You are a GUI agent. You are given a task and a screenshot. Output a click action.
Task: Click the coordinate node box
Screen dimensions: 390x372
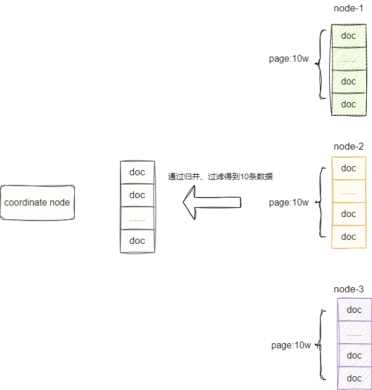pyautogui.click(x=37, y=203)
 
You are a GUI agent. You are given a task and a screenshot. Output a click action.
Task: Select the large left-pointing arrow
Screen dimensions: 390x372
pyautogui.click(x=212, y=203)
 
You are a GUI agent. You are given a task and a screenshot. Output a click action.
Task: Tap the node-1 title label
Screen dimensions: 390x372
pyautogui.click(x=349, y=9)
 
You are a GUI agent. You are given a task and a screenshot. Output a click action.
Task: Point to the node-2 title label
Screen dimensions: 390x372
pyautogui.click(x=349, y=147)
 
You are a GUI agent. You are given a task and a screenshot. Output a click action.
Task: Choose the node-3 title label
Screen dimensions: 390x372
pyautogui.click(x=349, y=290)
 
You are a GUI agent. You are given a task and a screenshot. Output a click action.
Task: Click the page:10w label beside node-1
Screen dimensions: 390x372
pyautogui.click(x=289, y=59)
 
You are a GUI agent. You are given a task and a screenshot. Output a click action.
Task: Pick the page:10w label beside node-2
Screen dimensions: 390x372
pyautogui.click(x=289, y=203)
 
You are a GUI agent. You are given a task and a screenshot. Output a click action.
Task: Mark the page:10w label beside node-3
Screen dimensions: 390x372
pyautogui.click(x=291, y=345)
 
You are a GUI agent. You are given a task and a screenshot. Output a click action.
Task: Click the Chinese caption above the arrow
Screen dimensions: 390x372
pyautogui.click(x=220, y=176)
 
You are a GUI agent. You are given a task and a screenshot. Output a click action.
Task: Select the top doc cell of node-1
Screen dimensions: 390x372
pyautogui.click(x=349, y=36)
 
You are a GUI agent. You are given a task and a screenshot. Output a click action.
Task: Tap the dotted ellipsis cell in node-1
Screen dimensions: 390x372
pyautogui.click(x=349, y=59)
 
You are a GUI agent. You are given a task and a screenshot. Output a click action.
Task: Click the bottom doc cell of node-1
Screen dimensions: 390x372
pyautogui.click(x=349, y=104)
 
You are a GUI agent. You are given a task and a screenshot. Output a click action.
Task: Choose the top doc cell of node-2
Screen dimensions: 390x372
pyautogui.click(x=349, y=168)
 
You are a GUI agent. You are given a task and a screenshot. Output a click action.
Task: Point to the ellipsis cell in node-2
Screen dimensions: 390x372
pyautogui.click(x=349, y=191)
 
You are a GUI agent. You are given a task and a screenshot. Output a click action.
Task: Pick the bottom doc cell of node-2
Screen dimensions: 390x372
pyautogui.click(x=349, y=237)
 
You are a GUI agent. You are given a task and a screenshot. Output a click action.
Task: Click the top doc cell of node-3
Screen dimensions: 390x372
pyautogui.click(x=354, y=310)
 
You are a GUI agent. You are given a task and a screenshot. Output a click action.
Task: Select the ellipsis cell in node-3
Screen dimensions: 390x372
pyautogui.click(x=354, y=333)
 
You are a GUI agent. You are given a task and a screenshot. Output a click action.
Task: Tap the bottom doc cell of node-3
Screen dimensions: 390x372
pyautogui.click(x=354, y=378)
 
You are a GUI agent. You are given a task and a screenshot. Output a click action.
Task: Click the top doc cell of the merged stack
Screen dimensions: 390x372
pyautogui.click(x=137, y=172)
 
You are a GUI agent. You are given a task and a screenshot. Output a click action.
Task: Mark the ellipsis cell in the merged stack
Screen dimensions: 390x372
pyautogui.click(x=137, y=218)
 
